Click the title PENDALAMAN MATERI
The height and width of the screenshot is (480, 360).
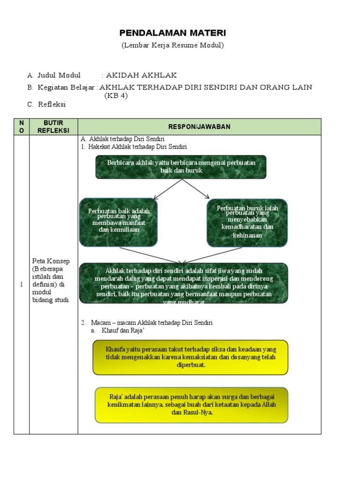tap(172, 33)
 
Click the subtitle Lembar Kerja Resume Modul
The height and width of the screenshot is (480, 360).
tap(172, 45)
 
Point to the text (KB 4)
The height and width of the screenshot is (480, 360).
tap(116, 96)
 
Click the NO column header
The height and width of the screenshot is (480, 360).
tap(21, 127)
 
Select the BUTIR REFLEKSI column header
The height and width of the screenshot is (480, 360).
tap(53, 127)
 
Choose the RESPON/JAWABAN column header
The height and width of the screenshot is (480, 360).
tap(199, 127)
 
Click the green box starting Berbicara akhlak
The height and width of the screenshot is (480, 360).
tap(181, 167)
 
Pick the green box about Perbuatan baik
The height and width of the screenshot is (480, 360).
tap(119, 222)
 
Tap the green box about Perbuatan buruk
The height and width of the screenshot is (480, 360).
tap(247, 222)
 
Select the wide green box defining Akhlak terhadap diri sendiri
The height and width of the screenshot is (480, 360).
tap(184, 283)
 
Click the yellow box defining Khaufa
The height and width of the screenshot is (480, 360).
tap(190, 357)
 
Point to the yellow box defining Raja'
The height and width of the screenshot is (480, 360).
tap(191, 404)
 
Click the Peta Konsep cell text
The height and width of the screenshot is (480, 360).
tap(50, 280)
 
